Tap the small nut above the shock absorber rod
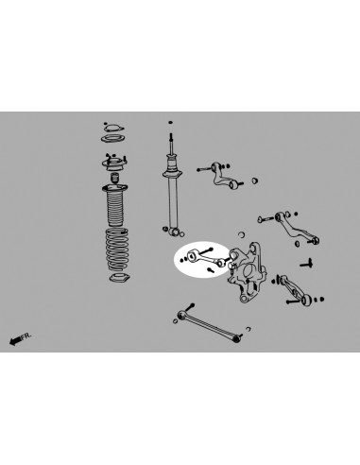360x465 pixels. tap(170, 121)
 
